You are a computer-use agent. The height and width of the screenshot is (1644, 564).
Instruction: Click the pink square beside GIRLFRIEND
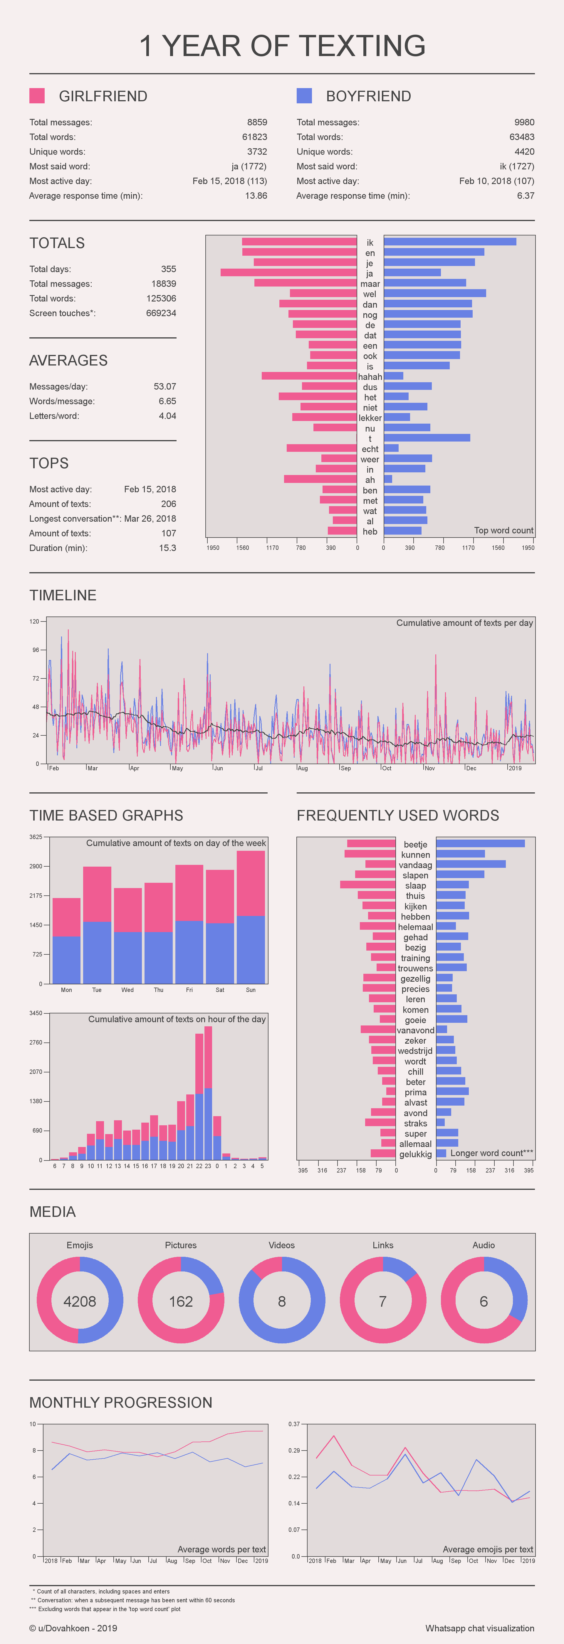click(x=37, y=96)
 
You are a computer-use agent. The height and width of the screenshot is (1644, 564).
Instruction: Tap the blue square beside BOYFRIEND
click(x=304, y=96)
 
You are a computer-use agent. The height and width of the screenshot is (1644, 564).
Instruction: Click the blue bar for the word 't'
click(x=427, y=438)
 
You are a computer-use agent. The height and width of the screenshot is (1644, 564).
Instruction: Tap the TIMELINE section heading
click(x=63, y=595)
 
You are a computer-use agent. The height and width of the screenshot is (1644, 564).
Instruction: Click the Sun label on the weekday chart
click(x=250, y=990)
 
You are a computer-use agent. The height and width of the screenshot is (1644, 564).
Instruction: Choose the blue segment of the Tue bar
click(x=97, y=952)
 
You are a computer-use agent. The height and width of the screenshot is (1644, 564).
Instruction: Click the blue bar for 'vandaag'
click(x=471, y=864)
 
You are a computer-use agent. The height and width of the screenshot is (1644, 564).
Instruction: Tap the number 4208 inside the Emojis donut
click(x=80, y=1301)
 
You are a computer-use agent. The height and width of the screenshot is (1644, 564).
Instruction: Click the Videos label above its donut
click(x=282, y=1245)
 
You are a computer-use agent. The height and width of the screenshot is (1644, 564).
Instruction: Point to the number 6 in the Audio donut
click(x=484, y=1301)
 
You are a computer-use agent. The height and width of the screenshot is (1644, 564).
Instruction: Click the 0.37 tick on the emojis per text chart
click(x=294, y=1424)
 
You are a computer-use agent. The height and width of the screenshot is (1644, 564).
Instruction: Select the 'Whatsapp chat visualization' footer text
click(x=480, y=1628)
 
